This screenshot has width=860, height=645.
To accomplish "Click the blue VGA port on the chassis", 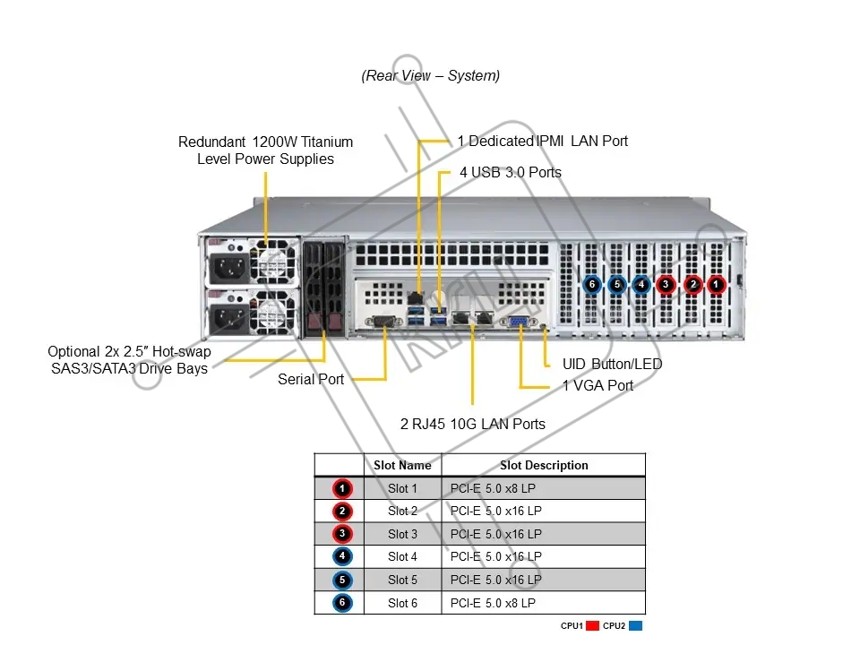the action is click(x=519, y=321).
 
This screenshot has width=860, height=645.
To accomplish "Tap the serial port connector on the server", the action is click(x=383, y=322).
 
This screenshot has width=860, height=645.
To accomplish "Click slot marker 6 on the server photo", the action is click(x=592, y=285).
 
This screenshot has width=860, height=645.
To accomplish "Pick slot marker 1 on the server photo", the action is click(x=716, y=285).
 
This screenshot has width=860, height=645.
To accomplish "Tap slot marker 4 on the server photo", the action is click(x=641, y=285).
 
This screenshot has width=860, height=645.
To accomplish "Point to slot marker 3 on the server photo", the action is click(x=666, y=285).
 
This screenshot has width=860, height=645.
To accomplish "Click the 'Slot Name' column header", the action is click(x=402, y=465).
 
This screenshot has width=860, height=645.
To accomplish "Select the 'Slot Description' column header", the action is click(x=544, y=465).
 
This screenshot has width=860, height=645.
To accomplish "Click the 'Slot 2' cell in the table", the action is click(x=402, y=512).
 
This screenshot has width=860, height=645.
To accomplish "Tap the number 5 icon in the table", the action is click(x=342, y=580).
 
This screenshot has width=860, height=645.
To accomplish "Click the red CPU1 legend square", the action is click(x=592, y=626).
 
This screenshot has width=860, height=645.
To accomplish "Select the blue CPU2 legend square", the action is click(x=636, y=626).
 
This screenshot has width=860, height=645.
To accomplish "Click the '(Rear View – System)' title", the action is click(x=431, y=75).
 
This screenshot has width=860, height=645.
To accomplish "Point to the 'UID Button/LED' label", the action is click(x=612, y=365).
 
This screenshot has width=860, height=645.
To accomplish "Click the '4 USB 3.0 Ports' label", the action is click(x=511, y=172).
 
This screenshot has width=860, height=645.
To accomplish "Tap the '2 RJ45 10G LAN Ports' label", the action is click(x=473, y=424).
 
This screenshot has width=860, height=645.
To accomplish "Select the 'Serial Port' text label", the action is click(x=311, y=379).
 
